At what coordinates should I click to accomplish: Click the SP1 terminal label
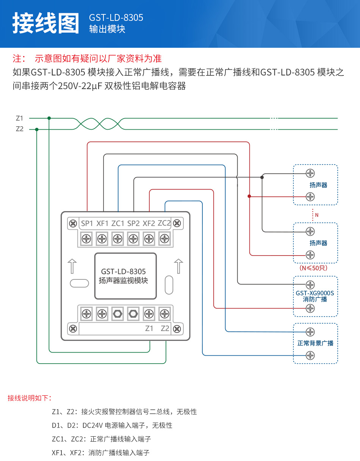tap(87, 223)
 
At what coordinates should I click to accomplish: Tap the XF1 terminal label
tap(102, 223)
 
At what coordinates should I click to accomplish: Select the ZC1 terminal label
tap(118, 223)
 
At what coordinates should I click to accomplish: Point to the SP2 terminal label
tap(133, 223)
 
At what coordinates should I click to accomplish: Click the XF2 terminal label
tap(149, 223)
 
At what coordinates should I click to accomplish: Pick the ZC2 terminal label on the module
tap(164, 223)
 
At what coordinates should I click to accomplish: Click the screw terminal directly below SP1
tap(86, 238)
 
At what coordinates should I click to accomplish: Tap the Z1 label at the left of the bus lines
tap(20, 118)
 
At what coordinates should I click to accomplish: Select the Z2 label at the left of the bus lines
tap(20, 129)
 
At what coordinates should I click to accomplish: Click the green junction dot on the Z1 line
tap(49, 118)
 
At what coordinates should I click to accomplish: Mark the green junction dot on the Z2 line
tap(37, 129)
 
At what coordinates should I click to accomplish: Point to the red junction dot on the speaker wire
tap(249, 196)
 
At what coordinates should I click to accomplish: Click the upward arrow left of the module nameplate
tap(72, 266)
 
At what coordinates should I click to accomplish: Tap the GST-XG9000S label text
tap(315, 293)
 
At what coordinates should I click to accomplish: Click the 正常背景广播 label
tap(315, 343)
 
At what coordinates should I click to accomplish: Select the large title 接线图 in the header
tap(46, 23)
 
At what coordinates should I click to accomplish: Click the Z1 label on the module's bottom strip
tap(149, 328)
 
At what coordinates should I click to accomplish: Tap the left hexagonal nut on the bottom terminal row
tap(117, 314)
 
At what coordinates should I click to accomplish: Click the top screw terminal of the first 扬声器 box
tap(310, 173)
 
